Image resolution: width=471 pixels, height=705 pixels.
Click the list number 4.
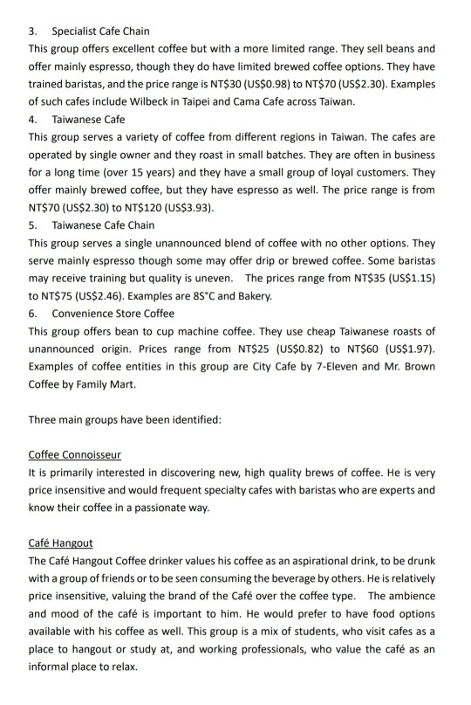[32, 119]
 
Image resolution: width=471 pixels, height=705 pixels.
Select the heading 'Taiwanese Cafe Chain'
[103, 225]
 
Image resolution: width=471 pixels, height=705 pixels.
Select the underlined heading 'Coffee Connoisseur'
[74, 454]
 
